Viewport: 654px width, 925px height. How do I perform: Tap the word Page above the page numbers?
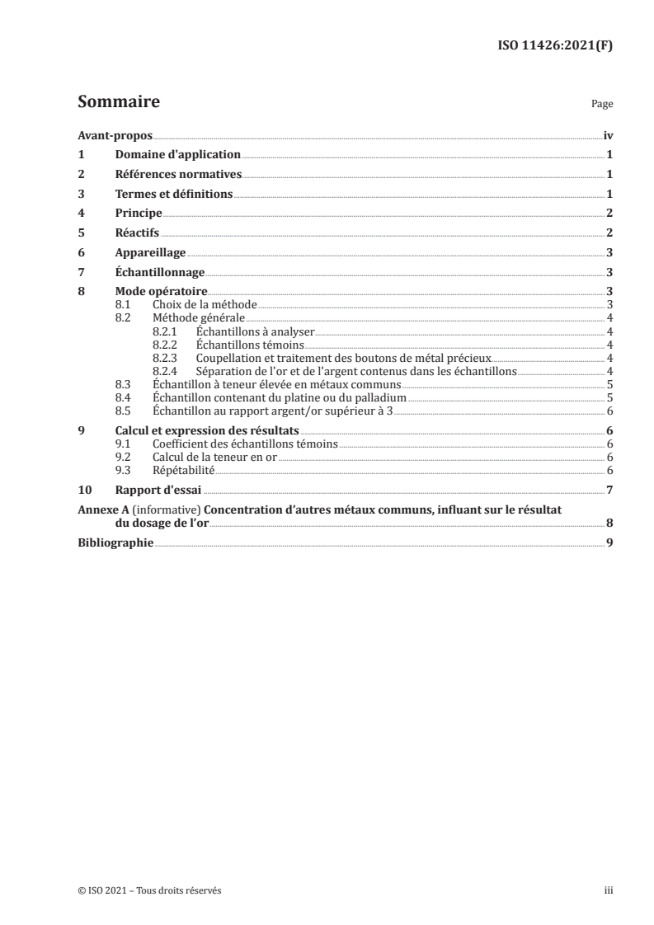pyautogui.click(x=602, y=106)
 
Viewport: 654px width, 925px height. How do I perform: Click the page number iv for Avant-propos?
pyautogui.click(x=607, y=136)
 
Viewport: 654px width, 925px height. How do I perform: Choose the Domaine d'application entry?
pyautogui.click(x=177, y=155)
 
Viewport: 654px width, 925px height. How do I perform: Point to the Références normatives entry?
pyautogui.click(x=177, y=175)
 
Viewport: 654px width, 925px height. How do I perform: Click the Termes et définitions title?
pyautogui.click(x=174, y=195)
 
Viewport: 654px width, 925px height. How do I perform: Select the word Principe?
pyautogui.click(x=138, y=214)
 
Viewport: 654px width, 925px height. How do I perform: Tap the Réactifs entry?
pyautogui.click(x=136, y=233)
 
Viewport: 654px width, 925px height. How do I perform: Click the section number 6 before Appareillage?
pyautogui.click(x=81, y=253)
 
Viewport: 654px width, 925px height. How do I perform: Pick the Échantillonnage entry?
pyautogui.click(x=158, y=272)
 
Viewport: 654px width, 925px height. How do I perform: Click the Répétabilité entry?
pyautogui.click(x=184, y=469)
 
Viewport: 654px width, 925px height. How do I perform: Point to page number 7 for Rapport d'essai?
pyautogui.click(x=608, y=490)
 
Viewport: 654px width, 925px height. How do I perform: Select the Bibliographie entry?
pyautogui.click(x=115, y=542)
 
